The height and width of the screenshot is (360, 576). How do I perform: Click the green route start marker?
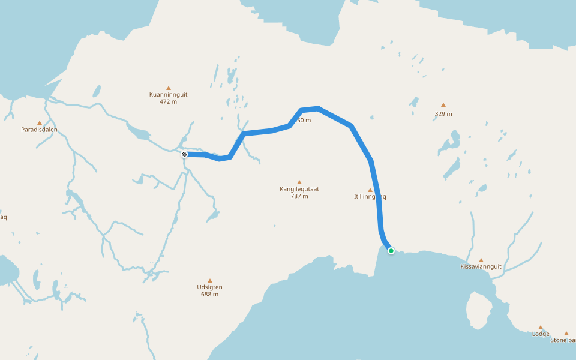(x=391, y=251)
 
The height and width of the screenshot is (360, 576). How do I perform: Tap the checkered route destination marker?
(x=185, y=154)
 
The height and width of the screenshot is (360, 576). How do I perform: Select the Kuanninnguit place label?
(x=169, y=94)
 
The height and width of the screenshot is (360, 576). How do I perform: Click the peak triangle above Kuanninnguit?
(x=169, y=88)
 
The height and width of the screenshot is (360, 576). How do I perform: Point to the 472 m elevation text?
(x=169, y=102)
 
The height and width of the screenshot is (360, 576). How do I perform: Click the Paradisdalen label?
(x=39, y=130)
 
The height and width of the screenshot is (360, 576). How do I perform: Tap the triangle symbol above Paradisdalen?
(x=40, y=122)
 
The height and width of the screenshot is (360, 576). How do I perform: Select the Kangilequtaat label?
(x=299, y=189)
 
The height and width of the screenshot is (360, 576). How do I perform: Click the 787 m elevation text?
(x=299, y=196)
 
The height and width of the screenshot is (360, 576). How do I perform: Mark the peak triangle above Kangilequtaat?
(x=299, y=182)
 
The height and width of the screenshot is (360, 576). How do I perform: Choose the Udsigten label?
(x=210, y=287)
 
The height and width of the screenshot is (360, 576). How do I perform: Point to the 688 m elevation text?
(x=210, y=295)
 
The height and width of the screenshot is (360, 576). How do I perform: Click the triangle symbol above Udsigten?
(x=210, y=280)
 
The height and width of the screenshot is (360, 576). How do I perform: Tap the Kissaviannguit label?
(x=481, y=266)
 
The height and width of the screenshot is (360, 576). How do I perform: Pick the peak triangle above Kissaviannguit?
(x=481, y=260)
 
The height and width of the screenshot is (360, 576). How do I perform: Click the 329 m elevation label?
(x=443, y=114)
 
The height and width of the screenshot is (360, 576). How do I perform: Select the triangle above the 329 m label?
(x=443, y=105)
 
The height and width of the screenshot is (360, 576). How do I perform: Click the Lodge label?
(x=540, y=334)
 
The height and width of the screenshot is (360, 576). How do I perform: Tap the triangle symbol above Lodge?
(x=540, y=328)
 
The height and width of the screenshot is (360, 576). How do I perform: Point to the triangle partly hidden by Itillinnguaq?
(x=370, y=190)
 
